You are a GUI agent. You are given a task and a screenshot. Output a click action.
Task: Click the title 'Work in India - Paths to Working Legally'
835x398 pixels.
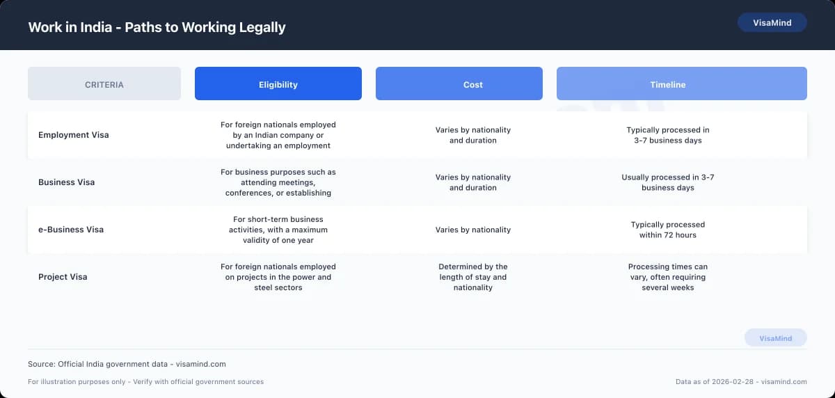pos(157,28)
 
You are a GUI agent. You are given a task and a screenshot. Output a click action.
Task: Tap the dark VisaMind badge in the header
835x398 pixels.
pos(772,23)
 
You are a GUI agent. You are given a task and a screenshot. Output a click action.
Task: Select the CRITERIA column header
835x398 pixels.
pos(104,84)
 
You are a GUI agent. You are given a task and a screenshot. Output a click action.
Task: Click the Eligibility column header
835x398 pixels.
pos(278,84)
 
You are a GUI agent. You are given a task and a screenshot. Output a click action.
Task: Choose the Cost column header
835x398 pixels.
pos(473,84)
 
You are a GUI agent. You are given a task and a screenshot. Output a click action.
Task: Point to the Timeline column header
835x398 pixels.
pos(668,84)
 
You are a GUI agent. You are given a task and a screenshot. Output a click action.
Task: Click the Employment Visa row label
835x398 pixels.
pos(74,135)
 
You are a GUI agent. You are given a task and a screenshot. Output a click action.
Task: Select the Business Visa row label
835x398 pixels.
pos(67,182)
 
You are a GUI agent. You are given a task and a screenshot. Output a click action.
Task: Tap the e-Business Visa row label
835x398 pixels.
pos(71,230)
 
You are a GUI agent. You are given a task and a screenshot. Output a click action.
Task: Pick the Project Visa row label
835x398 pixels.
pos(63,277)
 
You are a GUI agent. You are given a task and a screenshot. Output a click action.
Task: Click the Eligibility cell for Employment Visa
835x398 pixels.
pos(278,135)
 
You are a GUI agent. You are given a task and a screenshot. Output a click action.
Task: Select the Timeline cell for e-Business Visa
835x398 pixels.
pos(668,230)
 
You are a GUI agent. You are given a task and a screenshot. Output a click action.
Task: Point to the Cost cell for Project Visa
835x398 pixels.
pos(473,277)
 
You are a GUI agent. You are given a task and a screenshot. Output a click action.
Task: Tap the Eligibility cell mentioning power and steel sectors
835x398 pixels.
pos(278,277)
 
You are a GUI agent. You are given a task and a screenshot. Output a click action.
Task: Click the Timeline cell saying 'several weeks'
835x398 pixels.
pos(668,277)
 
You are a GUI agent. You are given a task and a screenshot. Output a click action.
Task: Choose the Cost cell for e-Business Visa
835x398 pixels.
pos(473,230)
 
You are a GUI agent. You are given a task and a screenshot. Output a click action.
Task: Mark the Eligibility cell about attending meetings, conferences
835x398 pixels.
pos(278,182)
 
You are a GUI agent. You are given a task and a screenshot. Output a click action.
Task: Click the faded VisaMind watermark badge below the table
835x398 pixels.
pos(775,338)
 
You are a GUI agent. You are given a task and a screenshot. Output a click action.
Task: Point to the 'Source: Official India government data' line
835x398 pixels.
pos(127,364)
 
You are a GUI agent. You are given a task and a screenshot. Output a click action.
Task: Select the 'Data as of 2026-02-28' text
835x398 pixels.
pos(741,381)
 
